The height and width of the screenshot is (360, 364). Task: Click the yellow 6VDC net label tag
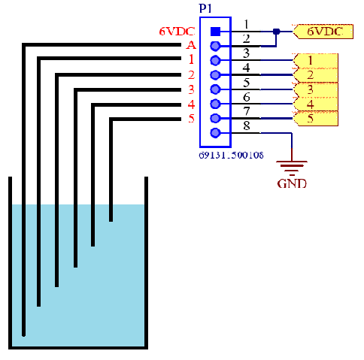click(x=323, y=32)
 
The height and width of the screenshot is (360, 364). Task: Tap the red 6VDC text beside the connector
click(x=177, y=32)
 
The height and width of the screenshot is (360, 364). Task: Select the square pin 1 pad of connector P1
click(x=215, y=32)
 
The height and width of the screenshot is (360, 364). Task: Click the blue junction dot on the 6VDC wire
click(x=276, y=32)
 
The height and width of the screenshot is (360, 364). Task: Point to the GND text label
click(x=292, y=183)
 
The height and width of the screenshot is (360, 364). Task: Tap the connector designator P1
click(x=205, y=8)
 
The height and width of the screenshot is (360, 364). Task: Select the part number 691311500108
click(x=231, y=156)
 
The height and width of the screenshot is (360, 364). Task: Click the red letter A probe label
click(x=191, y=45)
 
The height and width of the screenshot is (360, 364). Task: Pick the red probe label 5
click(x=192, y=118)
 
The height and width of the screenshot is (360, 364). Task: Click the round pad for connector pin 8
click(x=215, y=133)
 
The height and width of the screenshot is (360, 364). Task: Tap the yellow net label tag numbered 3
click(x=315, y=89)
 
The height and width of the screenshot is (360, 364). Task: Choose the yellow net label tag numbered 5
click(x=315, y=118)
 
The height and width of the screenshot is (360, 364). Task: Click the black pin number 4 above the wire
click(x=246, y=68)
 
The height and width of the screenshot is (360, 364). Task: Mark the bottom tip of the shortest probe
click(x=111, y=221)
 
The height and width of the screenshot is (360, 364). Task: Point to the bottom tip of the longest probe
click(x=23, y=335)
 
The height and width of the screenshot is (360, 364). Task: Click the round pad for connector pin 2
click(x=215, y=46)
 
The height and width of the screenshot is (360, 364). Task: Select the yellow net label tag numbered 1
click(x=315, y=60)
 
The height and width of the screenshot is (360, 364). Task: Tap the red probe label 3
click(x=192, y=89)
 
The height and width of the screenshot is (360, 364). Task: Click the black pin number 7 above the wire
click(x=247, y=111)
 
